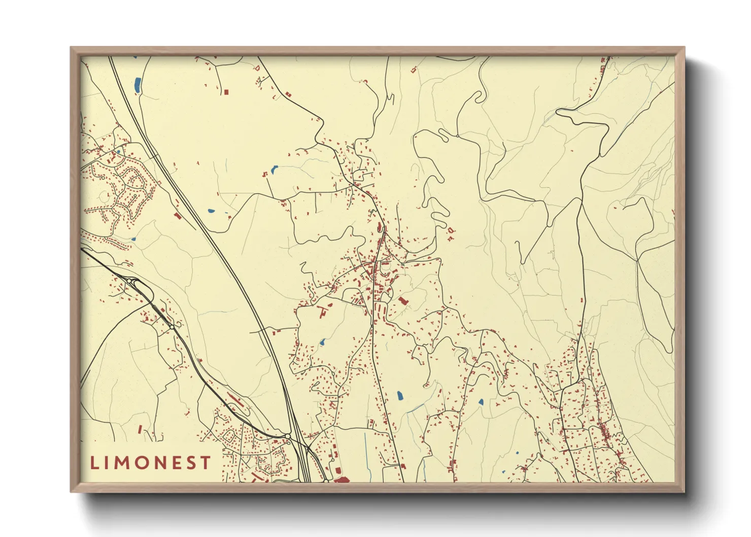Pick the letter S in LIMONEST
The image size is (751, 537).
coord(194,463)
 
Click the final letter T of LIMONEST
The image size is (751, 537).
coord(206,463)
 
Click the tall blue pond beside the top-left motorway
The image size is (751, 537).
coord(137,85)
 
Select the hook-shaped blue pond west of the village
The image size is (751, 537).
coord(275,169)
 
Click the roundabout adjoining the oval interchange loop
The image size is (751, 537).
coord(130,281)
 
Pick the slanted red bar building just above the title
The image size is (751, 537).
coord(140,429)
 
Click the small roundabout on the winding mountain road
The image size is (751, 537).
coord(457,136)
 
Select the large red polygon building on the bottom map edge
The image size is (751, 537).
coord(342,479)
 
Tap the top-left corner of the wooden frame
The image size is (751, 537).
coord(71,48)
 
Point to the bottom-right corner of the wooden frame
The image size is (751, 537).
coord(684,491)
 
